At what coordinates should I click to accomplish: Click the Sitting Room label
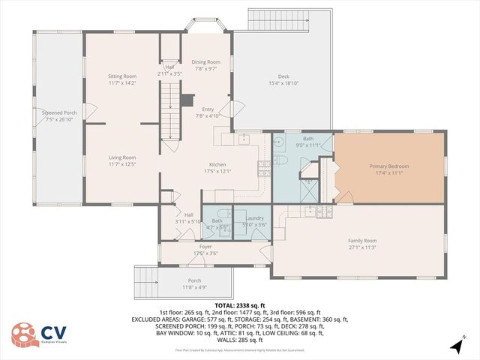point(121,76)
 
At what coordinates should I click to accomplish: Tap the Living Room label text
point(121,157)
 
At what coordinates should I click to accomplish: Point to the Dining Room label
point(206,61)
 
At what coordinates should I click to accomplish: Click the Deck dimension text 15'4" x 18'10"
point(283,83)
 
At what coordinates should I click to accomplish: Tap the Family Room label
point(361,241)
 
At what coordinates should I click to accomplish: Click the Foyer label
point(205,246)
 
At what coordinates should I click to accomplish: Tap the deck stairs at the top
point(288,19)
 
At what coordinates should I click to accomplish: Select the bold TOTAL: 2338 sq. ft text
point(239,305)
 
